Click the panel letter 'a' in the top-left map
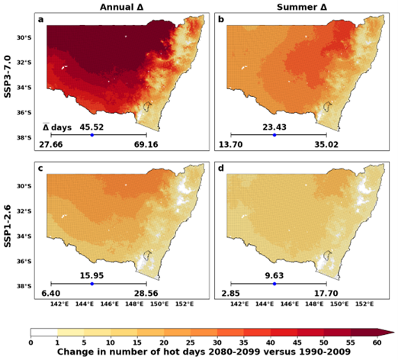[x=51, y=18]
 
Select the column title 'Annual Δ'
[x=122, y=6]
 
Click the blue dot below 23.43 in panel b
[x=274, y=135]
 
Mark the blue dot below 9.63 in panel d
[x=274, y=284]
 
